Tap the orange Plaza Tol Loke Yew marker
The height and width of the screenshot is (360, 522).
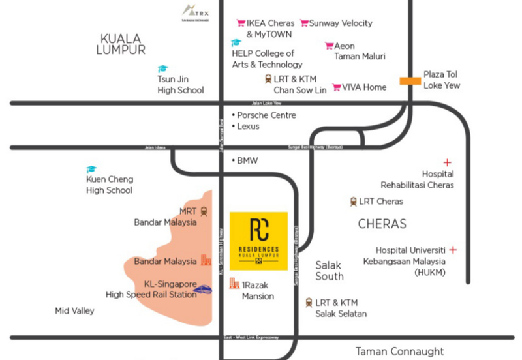(410, 80)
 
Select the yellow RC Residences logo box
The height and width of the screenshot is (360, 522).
(258, 241)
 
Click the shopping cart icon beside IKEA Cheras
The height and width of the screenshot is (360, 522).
(241, 23)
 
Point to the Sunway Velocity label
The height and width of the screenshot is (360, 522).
(341, 23)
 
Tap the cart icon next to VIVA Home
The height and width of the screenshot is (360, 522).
(337, 87)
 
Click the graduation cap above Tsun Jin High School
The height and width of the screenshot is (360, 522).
(162, 68)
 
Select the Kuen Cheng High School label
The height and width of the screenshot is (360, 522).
(110, 185)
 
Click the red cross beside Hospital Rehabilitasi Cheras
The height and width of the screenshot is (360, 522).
(447, 162)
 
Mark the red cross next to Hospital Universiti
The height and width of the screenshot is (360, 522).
(453, 250)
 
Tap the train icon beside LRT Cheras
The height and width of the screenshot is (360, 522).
(353, 202)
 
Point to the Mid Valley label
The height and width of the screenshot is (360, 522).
(74, 311)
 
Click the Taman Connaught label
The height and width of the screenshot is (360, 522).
(400, 352)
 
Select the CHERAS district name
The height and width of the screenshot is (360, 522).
(382, 224)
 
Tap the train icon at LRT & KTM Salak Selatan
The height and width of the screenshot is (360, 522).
(309, 303)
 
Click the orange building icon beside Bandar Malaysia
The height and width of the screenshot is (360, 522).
(206, 260)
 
